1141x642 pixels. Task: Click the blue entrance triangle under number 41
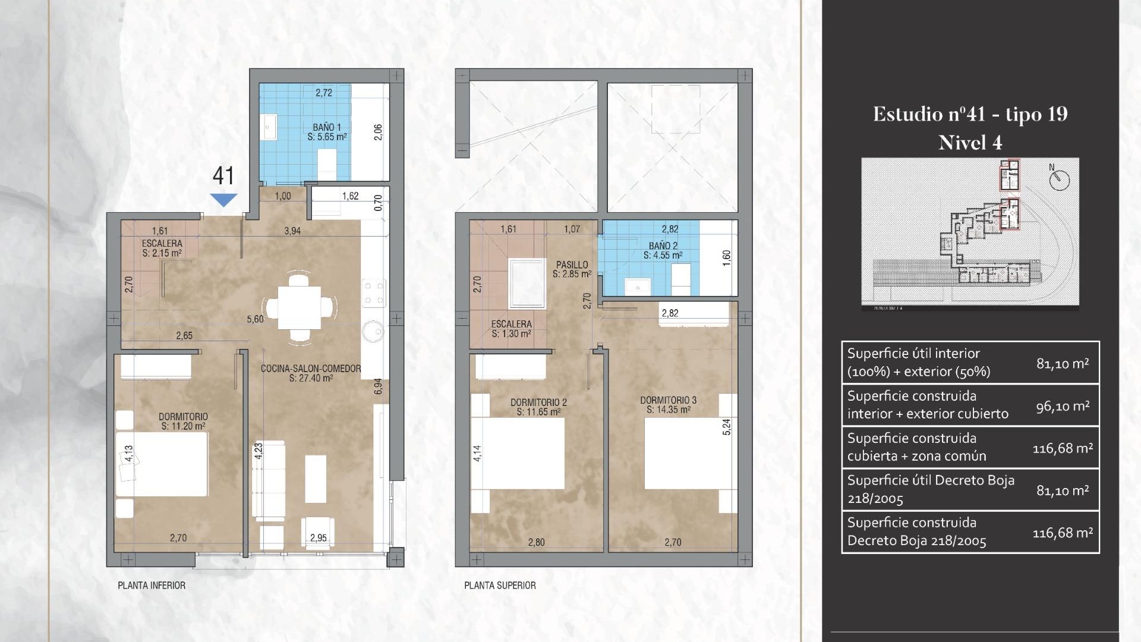tap(223, 200)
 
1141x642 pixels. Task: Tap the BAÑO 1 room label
tap(327, 127)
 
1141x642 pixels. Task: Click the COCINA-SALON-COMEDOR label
tap(311, 369)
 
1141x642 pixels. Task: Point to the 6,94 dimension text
tap(378, 386)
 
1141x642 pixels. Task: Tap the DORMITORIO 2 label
tap(538, 402)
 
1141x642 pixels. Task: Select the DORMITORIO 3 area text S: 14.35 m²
tap(665, 410)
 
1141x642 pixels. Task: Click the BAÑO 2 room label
tap(663, 246)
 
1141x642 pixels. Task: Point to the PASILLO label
tap(572, 265)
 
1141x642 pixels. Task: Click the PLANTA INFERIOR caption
tap(152, 586)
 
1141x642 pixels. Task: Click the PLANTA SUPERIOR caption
tap(500, 586)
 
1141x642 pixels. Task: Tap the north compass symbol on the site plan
tap(1059, 180)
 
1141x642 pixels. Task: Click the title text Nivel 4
tap(970, 143)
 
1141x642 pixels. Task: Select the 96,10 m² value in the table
tap(1063, 406)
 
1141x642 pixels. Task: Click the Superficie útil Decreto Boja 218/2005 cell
tap(931, 489)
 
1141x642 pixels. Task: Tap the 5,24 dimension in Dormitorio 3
tap(726, 427)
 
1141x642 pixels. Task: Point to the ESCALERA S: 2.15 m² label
tap(162, 248)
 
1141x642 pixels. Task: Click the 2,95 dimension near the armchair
tap(318, 538)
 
